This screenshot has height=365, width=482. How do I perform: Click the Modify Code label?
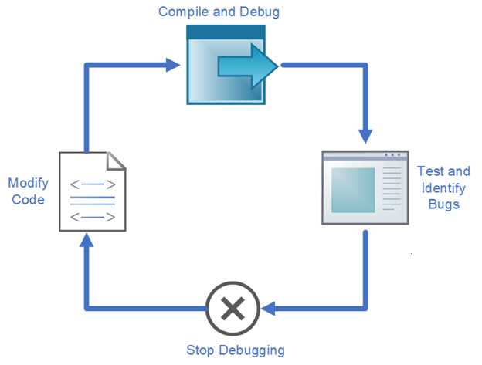click(28, 191)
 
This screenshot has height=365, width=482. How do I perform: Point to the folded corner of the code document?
click(116, 161)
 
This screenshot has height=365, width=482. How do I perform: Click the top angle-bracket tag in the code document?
click(93, 184)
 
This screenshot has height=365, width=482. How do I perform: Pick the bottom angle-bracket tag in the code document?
click(93, 217)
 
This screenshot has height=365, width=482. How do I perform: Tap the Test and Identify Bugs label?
click(443, 188)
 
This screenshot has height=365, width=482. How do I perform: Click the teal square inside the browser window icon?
click(353, 189)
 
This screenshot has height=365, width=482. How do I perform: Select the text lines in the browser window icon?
click(392, 189)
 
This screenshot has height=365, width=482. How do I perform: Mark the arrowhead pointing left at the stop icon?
click(267, 309)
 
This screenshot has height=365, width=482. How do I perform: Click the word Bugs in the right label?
click(443, 204)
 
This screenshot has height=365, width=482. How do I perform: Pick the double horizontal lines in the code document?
click(93, 201)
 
